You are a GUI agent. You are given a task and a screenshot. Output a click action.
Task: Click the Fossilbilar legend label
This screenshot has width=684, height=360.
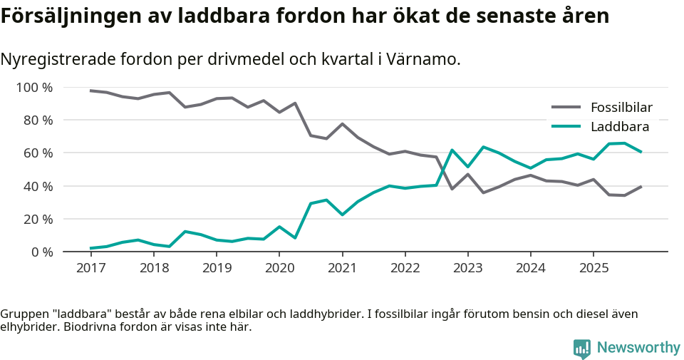click(x=621, y=108)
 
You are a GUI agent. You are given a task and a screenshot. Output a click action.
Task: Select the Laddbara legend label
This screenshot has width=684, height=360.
click(x=619, y=128)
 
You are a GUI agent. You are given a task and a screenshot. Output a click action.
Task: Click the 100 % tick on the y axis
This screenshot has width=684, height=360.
click(x=34, y=88)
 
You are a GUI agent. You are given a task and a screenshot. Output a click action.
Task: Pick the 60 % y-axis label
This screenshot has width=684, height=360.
click(x=37, y=153)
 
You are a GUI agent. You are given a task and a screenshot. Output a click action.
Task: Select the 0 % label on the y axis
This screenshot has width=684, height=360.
click(x=41, y=252)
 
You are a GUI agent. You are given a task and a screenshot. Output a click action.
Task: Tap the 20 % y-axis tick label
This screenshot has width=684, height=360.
click(x=37, y=219)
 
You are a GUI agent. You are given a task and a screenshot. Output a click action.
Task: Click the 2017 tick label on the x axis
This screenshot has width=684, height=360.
click(x=90, y=268)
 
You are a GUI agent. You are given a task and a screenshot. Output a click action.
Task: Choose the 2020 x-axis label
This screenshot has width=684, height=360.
click(x=279, y=268)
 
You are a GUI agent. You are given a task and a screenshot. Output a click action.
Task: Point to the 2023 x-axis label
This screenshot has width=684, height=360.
click(x=467, y=268)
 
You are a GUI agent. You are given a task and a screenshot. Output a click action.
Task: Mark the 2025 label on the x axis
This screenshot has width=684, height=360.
click(x=593, y=268)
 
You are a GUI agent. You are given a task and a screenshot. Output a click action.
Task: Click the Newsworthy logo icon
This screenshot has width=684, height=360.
click(x=582, y=348)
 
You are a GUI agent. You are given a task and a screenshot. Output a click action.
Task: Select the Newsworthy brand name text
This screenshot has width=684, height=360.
click(x=638, y=348)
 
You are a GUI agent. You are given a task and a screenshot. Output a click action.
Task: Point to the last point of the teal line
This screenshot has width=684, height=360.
click(x=641, y=152)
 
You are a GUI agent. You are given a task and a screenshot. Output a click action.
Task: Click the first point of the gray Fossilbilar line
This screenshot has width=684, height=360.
click(x=90, y=91)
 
